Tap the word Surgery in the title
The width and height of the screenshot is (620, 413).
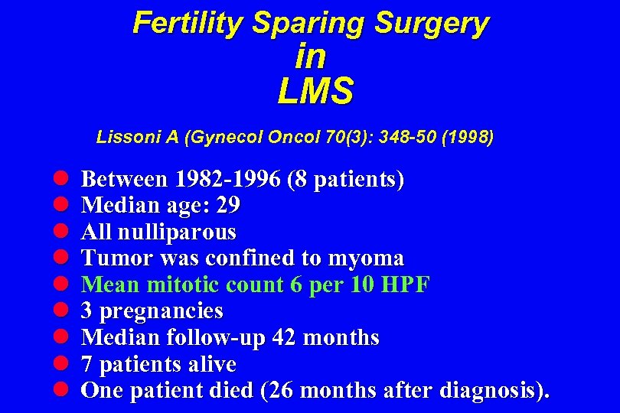(432, 23)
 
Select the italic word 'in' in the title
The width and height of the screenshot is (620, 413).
(310, 57)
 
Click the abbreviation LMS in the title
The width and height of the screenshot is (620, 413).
(315, 92)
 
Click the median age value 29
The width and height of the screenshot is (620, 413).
(228, 206)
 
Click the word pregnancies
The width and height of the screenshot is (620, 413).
(162, 311)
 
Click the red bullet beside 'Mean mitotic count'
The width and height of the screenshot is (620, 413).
(62, 285)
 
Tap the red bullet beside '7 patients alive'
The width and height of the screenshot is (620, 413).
(62, 364)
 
